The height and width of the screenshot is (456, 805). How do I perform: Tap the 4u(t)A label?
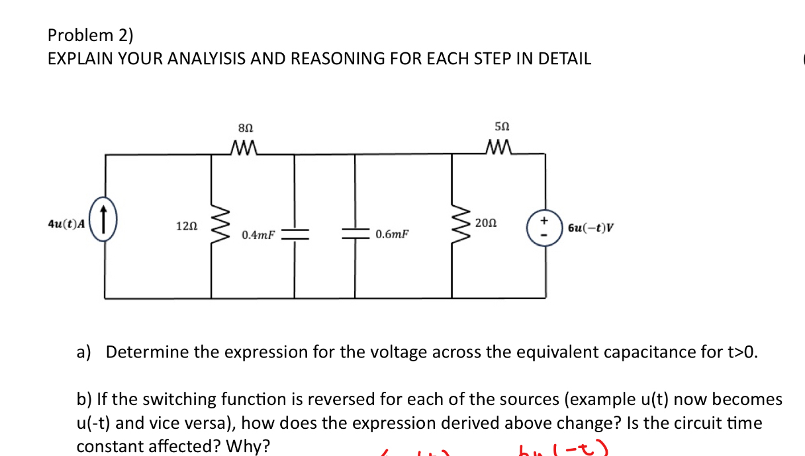66,224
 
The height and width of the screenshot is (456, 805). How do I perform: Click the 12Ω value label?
186,226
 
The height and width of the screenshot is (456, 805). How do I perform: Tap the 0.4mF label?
258,235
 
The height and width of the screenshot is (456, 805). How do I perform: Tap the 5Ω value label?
502,126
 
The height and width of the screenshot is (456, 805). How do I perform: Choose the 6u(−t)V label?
591,228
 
